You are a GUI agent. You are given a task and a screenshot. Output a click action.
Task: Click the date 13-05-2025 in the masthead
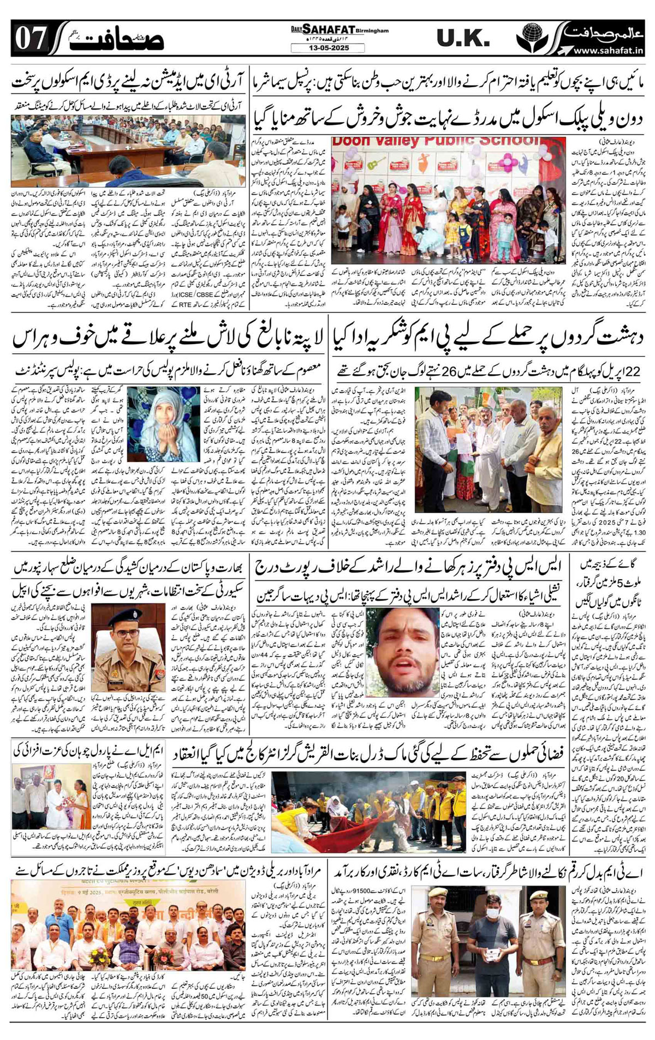(x=320, y=48)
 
